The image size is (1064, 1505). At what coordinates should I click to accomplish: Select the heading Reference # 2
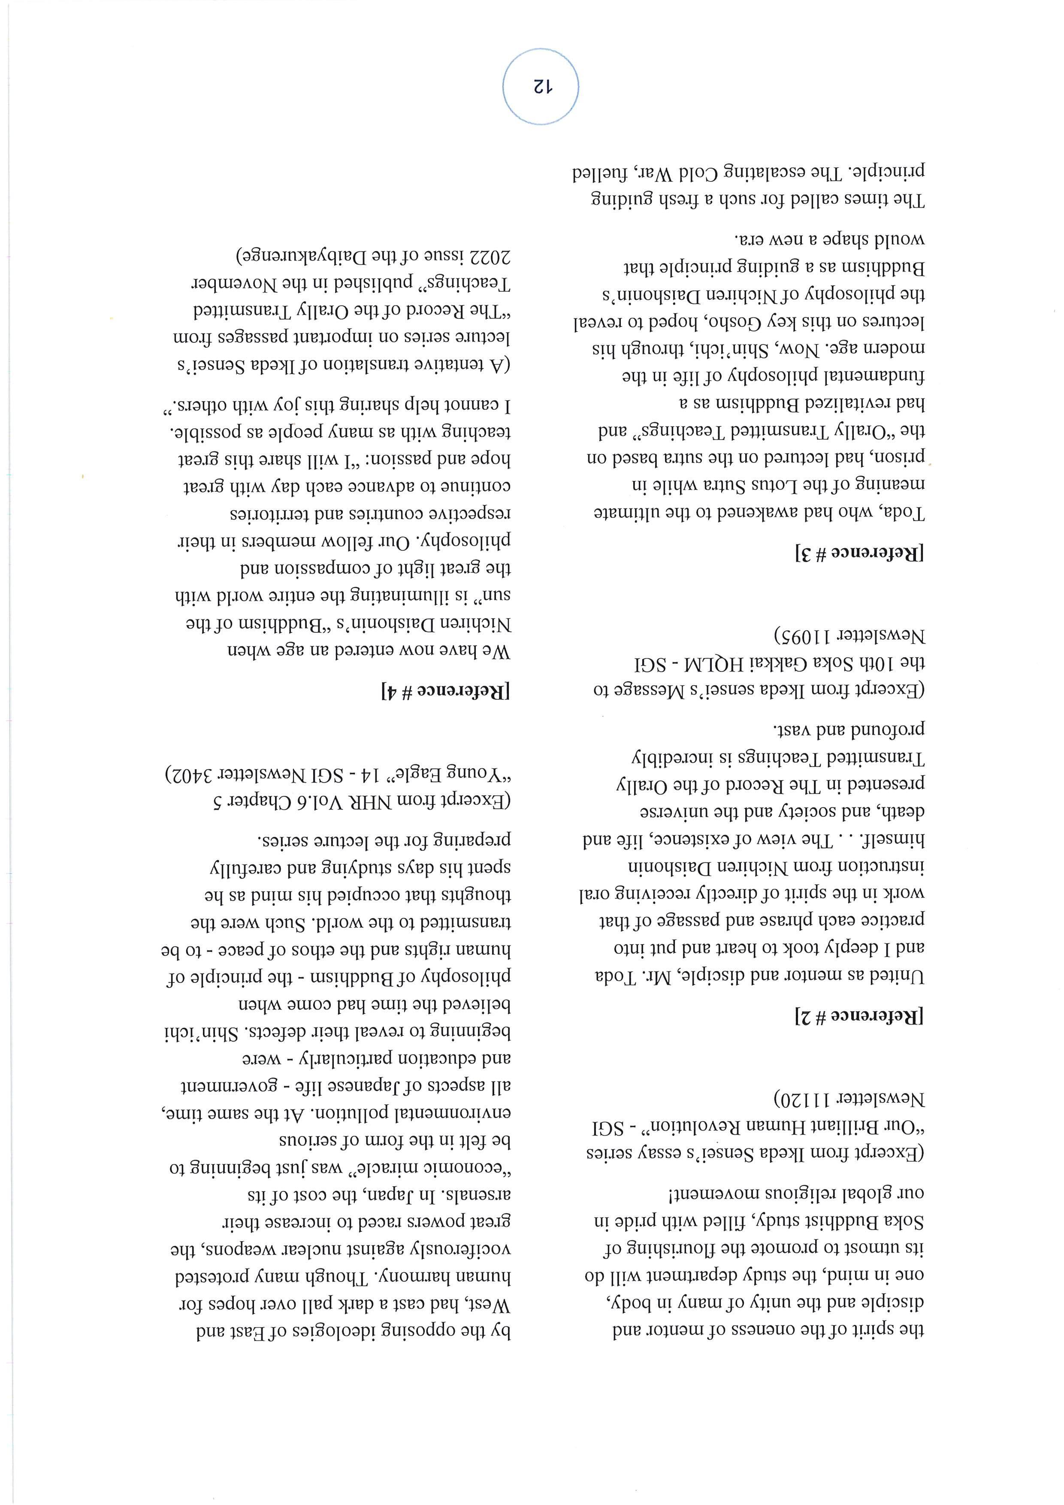pyautogui.click(x=859, y=1017)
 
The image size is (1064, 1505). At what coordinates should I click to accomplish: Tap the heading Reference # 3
pyautogui.click(x=859, y=554)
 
